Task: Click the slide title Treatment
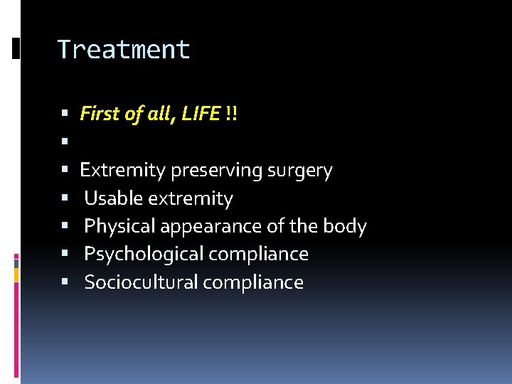(x=124, y=50)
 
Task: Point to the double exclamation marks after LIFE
(x=231, y=113)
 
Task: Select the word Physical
(x=120, y=227)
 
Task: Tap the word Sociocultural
(x=141, y=282)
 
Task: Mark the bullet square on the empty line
(x=65, y=142)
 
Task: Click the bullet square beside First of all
(x=65, y=114)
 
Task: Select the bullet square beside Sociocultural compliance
(x=65, y=283)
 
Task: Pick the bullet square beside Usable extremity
(x=65, y=199)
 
